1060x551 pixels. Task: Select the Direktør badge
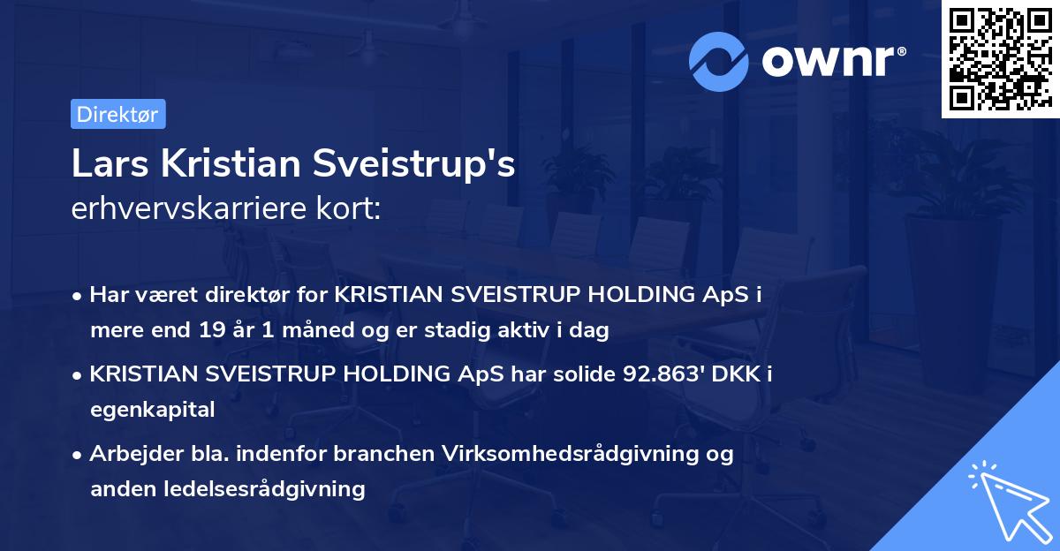[117, 114]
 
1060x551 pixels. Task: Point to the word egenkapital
[152, 410]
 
